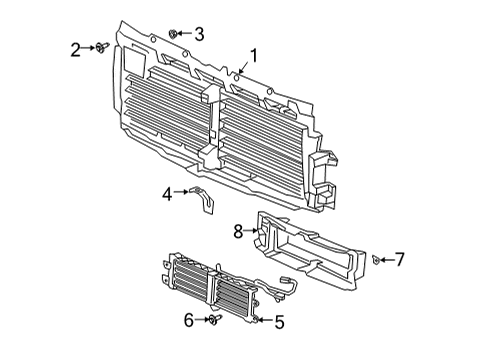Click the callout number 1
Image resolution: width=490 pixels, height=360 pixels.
pyautogui.click(x=253, y=56)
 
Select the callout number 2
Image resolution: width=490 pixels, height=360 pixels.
pyautogui.click(x=75, y=48)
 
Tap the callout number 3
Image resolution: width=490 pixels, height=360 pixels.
pyautogui.click(x=198, y=34)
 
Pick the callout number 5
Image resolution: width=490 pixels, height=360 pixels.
pyautogui.click(x=279, y=322)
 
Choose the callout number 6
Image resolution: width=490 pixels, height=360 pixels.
pyautogui.click(x=188, y=320)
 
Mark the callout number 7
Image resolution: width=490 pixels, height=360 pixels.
pyautogui.click(x=399, y=260)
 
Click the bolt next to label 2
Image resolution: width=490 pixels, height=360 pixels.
pyautogui.click(x=101, y=48)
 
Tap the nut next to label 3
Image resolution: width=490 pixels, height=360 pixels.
pyautogui.click(x=174, y=34)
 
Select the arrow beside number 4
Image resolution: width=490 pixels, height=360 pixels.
pyautogui.click(x=180, y=192)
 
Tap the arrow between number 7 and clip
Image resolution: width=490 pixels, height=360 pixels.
pyautogui.click(x=386, y=260)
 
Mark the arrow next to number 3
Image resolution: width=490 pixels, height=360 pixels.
pyautogui.click(x=185, y=34)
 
